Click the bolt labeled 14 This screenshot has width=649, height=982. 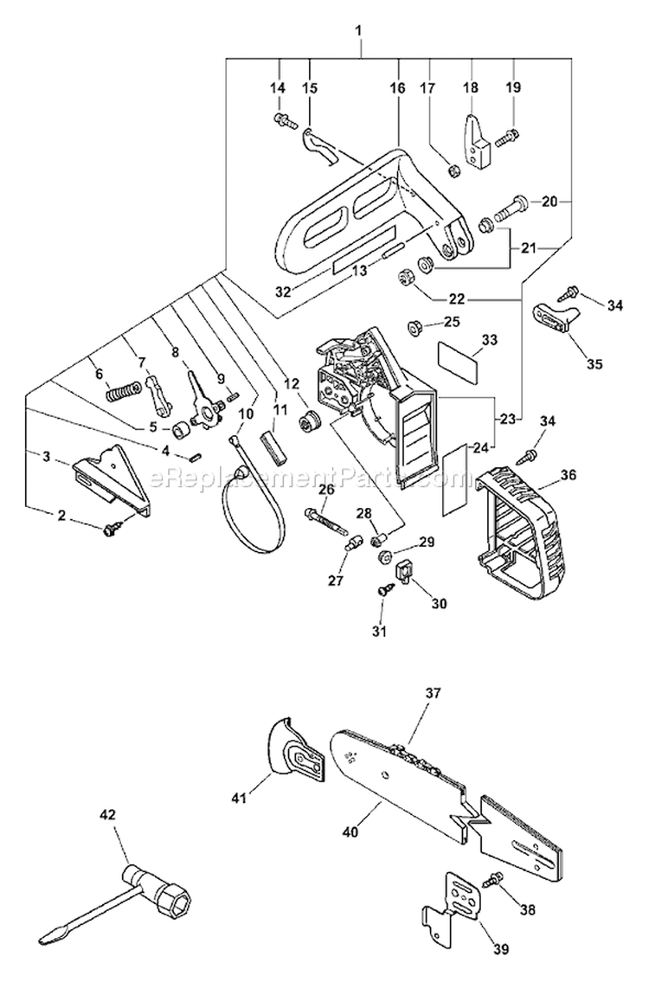[280, 120]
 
